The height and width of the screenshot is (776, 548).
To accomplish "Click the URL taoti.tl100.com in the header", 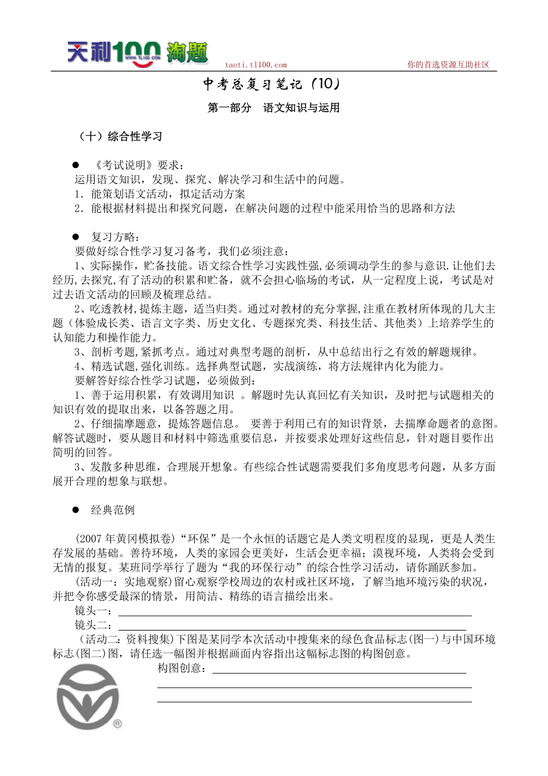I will point(256,66).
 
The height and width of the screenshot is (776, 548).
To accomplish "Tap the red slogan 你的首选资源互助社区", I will point(448,65).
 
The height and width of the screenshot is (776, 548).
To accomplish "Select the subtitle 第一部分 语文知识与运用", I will point(273,108).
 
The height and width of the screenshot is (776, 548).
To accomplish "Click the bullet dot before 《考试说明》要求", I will point(76,165).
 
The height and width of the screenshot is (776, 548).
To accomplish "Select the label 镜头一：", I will point(93,612).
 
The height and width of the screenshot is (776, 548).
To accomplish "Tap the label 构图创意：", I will point(183,669).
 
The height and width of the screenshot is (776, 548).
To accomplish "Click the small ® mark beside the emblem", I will point(117,724).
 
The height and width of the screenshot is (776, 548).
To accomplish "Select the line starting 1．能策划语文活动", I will point(160,194).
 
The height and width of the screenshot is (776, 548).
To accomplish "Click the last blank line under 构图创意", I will point(314,701).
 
